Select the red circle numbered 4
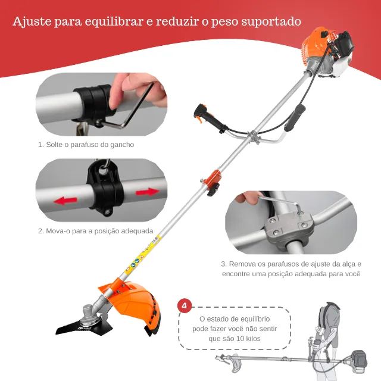[185, 306]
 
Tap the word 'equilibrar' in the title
[108, 22]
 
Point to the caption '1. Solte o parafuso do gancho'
[86, 145]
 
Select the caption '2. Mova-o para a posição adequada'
[96, 230]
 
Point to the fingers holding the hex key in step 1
[134, 86]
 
